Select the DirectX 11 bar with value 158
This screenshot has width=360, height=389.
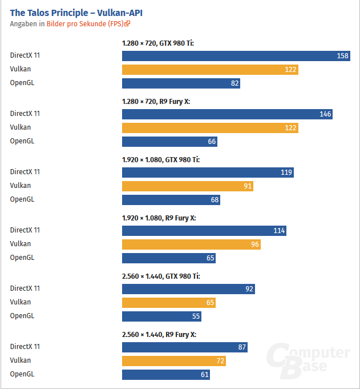236,55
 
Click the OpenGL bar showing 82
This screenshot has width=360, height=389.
181,83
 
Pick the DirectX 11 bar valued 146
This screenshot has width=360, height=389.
227,114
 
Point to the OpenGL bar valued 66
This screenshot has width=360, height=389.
169,142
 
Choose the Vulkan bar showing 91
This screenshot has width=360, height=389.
187,186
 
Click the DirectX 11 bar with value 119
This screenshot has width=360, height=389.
208,173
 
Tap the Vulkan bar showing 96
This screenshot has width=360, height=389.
191,244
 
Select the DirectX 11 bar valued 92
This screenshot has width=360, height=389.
188,289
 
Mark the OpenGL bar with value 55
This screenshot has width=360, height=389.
161,316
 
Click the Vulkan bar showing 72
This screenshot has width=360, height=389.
174,361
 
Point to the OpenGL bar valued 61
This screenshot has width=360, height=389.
166,375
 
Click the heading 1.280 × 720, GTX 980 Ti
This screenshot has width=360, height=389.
158,43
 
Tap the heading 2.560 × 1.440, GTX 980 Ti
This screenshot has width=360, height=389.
161,276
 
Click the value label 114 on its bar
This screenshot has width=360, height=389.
278,231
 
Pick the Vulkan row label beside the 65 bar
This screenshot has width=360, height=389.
21,302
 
